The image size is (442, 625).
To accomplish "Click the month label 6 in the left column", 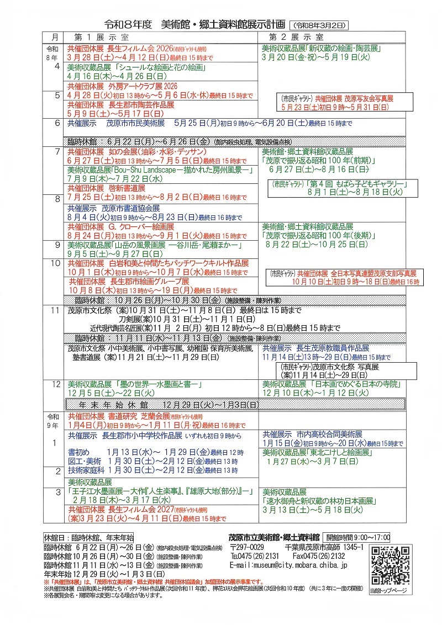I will click(x=55, y=124).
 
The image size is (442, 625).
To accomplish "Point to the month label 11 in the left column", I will click(x=55, y=310).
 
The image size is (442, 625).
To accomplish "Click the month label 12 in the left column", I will click(x=55, y=384).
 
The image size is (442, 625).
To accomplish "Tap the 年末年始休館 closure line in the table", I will click(x=166, y=405).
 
